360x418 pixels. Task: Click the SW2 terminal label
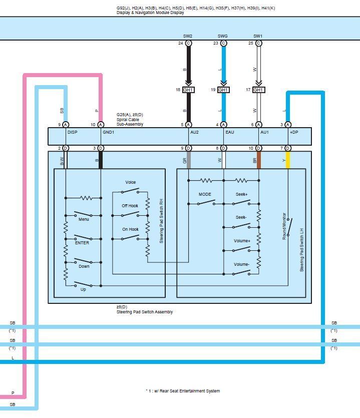click(188, 36)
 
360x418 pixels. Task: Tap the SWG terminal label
click(223, 36)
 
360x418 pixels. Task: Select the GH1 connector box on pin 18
click(188, 90)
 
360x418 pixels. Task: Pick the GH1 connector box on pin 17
click(258, 90)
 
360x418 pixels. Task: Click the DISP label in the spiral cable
click(73, 133)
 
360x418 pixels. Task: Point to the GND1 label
click(109, 133)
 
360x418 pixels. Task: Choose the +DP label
click(293, 133)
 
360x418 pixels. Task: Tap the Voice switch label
click(131, 182)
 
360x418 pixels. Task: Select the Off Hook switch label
click(130, 206)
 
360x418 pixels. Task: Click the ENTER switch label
click(82, 243)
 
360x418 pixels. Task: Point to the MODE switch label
click(205, 194)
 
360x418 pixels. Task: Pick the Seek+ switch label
click(242, 194)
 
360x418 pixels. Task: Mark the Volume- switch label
click(242, 264)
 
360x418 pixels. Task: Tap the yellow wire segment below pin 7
click(288, 160)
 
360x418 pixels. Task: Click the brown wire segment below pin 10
click(258, 160)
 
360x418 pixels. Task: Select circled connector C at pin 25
click(258, 44)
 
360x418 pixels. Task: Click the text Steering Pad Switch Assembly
click(144, 312)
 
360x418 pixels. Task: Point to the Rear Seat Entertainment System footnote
click(183, 391)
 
